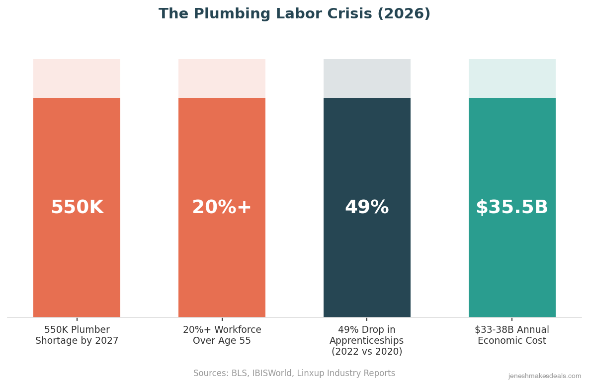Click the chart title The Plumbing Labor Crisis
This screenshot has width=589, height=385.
pos(294,14)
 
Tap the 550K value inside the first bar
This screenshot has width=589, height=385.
pos(77,208)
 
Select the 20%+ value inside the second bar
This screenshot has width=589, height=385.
pos(222,208)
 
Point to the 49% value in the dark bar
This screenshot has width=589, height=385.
pos(367,208)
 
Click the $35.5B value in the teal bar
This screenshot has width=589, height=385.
pos(512,208)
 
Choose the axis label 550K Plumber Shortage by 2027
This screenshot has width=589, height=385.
pos(77,335)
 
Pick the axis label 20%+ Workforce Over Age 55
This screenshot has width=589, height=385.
pos(222,335)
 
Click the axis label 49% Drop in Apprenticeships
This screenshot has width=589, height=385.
pos(367,335)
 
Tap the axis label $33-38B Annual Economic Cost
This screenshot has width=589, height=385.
pos(512,335)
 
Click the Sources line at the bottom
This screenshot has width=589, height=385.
pos(294,374)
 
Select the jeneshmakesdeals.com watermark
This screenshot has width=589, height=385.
pos(544,377)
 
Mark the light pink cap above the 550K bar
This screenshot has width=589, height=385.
pos(77,78)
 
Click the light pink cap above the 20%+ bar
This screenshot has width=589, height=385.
pos(222,78)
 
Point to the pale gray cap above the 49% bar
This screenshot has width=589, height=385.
pos(367,78)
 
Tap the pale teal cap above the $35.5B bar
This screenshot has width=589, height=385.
pos(512,78)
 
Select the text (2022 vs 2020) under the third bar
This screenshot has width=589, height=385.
pos(367,352)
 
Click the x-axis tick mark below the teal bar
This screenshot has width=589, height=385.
pos(512,319)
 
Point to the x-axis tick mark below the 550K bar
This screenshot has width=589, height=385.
pos(77,319)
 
